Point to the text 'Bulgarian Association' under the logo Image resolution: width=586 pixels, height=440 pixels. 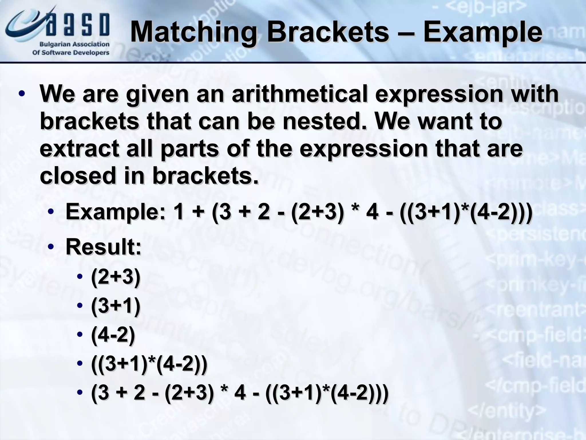[74, 44]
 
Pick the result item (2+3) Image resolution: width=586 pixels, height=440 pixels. [116, 277]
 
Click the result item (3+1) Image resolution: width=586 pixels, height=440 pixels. [116, 306]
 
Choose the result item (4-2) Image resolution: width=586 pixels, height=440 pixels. [113, 335]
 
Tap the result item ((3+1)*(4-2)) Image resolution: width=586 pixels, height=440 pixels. [149, 364]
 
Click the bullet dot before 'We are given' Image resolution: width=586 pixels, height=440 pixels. [21, 94]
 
